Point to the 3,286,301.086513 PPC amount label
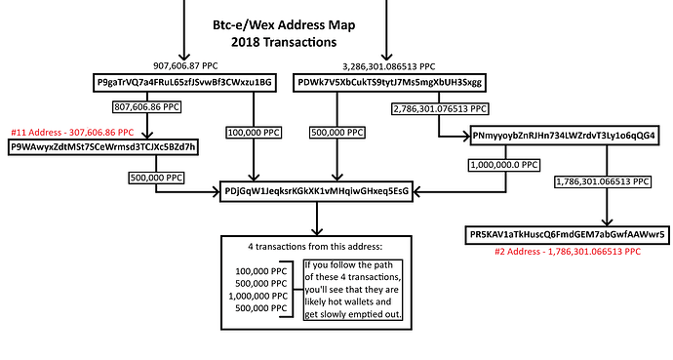389,65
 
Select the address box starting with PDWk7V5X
389,83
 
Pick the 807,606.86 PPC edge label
148,107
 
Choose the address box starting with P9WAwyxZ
104,146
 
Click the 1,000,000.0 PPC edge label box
502,166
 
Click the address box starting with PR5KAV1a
567,234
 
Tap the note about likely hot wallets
345,288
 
